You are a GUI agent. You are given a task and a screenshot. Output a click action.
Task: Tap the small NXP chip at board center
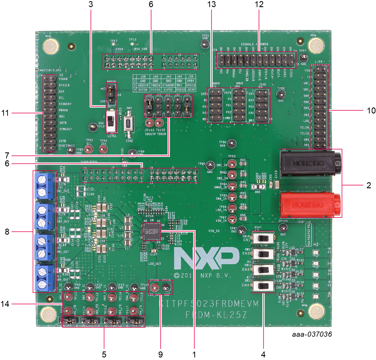(152, 231)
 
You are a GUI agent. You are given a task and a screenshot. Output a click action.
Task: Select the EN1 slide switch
(263, 238)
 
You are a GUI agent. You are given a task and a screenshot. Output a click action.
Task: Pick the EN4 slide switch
(263, 286)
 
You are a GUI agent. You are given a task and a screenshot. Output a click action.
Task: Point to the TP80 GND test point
(232, 144)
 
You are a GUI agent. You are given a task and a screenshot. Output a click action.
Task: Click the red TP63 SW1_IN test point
(232, 164)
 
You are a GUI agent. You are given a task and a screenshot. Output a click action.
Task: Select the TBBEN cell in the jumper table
(155, 85)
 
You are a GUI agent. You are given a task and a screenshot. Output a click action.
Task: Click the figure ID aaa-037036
(312, 334)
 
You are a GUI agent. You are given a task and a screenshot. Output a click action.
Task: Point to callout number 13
(211, 5)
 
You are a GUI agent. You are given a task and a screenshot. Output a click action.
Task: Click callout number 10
(371, 111)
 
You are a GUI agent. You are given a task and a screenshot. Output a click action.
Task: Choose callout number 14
(5, 304)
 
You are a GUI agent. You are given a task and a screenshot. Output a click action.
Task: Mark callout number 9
(161, 354)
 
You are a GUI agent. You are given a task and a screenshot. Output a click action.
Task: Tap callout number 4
(263, 354)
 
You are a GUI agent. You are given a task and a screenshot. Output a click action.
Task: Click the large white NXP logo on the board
(207, 258)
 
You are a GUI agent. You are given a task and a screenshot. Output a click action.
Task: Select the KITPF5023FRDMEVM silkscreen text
(209, 304)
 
